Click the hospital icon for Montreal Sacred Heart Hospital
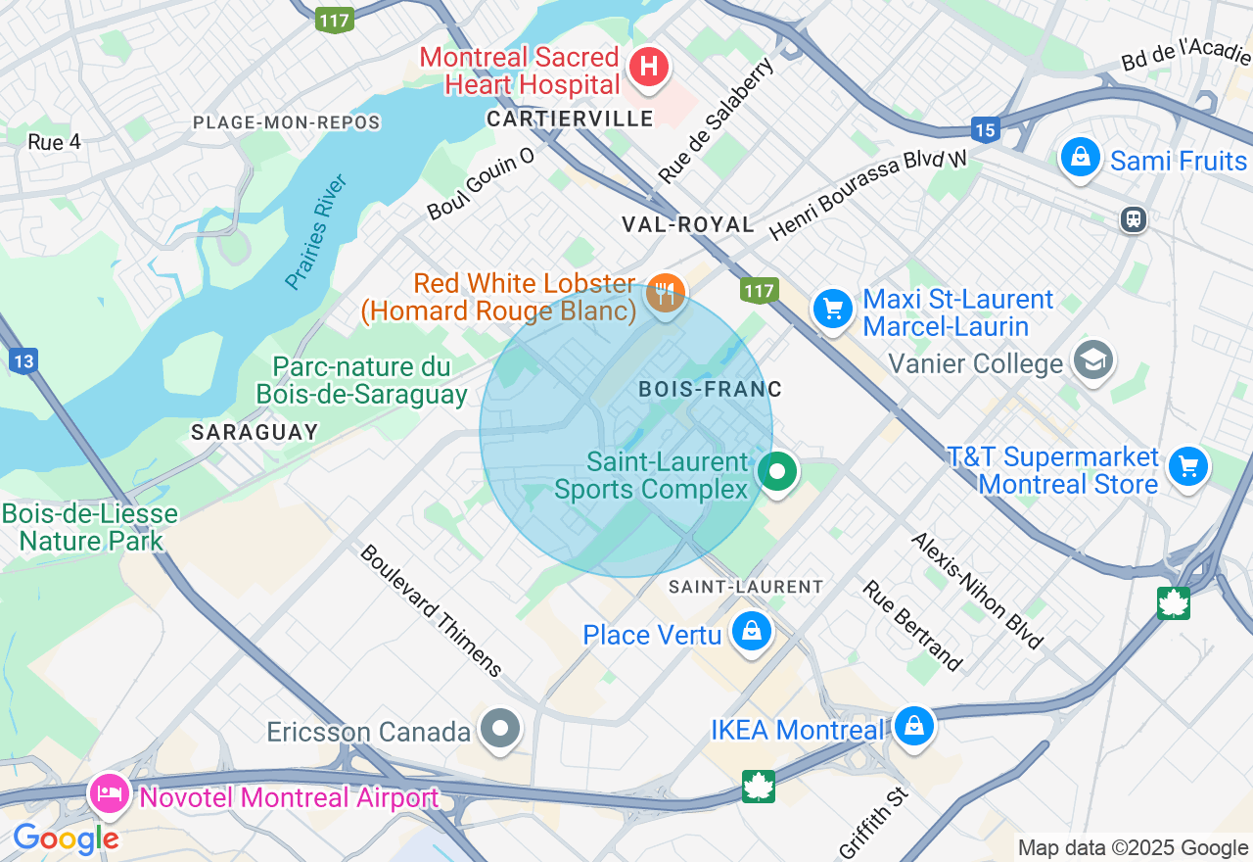(x=648, y=68)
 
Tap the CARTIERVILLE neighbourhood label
(x=570, y=120)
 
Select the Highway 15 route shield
(x=985, y=128)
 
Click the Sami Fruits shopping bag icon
(x=1081, y=157)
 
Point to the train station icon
(x=1134, y=218)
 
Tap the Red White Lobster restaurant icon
(x=666, y=291)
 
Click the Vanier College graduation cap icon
(x=1092, y=360)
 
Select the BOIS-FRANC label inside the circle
(x=710, y=390)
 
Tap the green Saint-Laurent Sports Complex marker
(x=777, y=472)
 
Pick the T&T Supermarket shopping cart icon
(x=1188, y=467)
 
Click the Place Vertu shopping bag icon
(x=752, y=632)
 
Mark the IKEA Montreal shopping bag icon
(x=913, y=726)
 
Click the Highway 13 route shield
(x=23, y=361)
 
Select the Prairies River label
(x=316, y=232)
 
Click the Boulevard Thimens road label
(x=431, y=610)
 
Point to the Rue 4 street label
(x=54, y=142)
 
